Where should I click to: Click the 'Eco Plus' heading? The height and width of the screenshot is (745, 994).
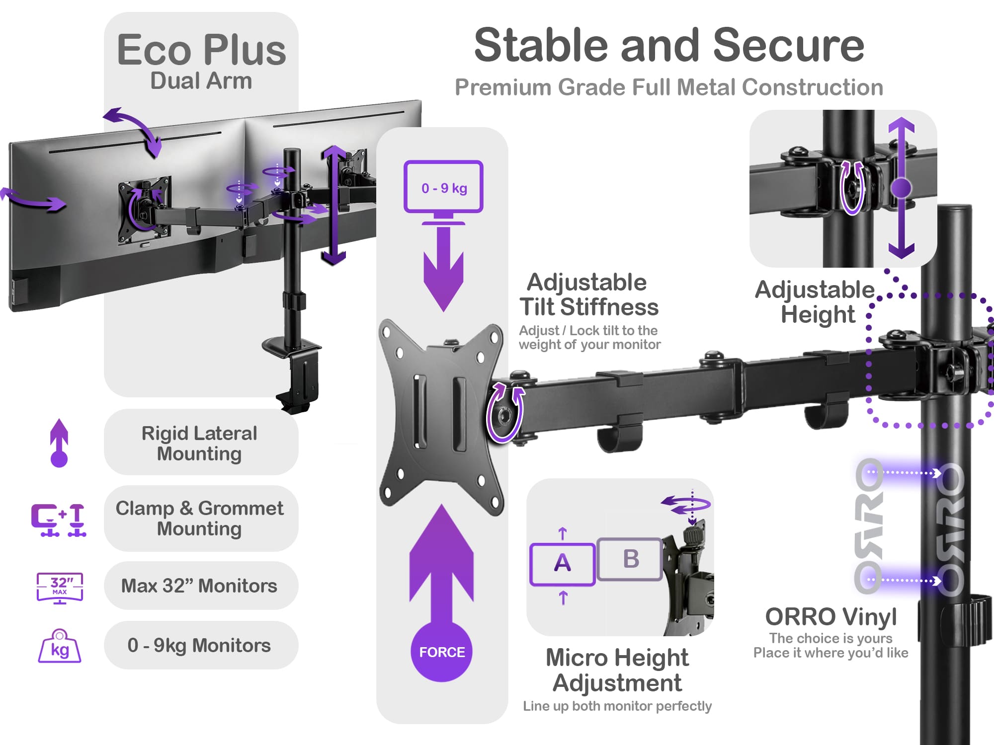pos(201,50)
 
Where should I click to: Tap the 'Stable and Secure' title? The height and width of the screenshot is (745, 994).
pos(669,46)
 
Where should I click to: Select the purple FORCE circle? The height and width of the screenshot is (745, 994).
pos(441,652)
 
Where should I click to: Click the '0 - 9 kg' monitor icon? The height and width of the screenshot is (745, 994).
pos(443,187)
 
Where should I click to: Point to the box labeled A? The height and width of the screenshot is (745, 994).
pos(562,564)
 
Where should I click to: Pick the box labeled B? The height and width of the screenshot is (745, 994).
pos(630,559)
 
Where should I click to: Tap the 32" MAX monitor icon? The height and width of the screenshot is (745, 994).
pos(60,588)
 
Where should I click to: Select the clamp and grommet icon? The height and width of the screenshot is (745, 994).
pos(59,520)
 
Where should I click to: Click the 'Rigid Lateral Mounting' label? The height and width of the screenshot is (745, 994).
pos(200,443)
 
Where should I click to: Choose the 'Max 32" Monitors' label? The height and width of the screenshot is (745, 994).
pos(200,586)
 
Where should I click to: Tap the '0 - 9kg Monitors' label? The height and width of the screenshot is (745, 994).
pos(200,645)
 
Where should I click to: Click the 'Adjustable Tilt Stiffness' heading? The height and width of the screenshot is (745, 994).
pos(588,295)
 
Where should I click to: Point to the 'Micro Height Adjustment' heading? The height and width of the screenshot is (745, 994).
pos(617,670)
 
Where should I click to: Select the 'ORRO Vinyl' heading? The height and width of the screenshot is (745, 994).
pos(830,617)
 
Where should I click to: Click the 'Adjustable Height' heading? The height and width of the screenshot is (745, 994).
pos(815,301)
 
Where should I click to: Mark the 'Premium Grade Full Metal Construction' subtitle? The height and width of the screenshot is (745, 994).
pos(669,87)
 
